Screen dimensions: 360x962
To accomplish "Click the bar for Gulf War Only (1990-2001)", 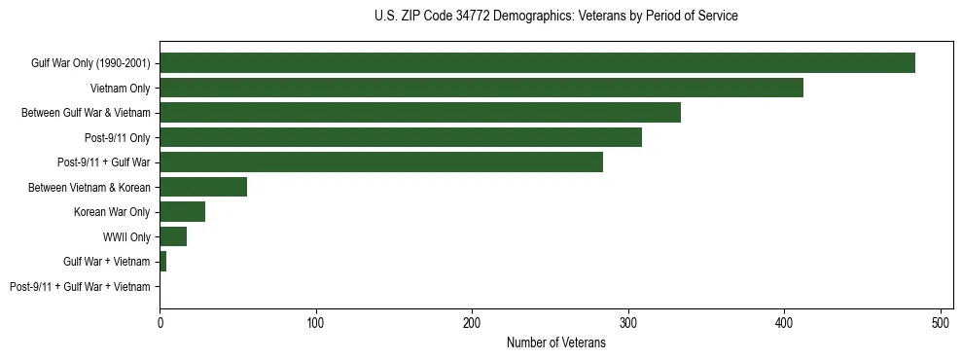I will pos(537,62).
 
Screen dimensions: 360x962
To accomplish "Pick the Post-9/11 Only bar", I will pos(401,137).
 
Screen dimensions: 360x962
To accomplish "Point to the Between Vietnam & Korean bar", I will pos(203,187).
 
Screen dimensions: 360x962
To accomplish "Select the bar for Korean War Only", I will pos(182,212).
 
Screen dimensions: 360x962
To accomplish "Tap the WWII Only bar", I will pos(173,236).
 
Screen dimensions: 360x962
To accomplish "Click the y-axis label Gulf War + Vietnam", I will pos(107,262).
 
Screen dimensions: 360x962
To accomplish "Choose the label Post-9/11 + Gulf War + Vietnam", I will pos(80,287).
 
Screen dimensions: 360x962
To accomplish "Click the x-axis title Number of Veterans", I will pos(555,342).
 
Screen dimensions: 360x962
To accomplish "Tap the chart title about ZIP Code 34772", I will pos(555,17).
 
